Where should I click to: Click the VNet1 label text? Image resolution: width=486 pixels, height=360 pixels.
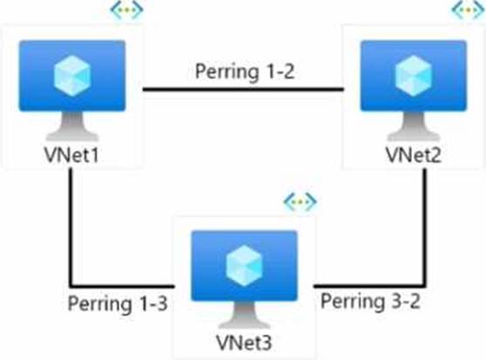pos(71,154)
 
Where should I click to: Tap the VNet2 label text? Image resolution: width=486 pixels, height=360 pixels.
pos(414,154)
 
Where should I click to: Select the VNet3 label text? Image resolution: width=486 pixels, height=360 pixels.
pos(244,343)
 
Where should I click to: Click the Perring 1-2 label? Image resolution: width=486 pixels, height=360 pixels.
pos(245,71)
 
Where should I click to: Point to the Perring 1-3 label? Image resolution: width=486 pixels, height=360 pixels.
pos(118,303)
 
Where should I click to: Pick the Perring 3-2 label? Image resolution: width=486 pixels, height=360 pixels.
pos(370,301)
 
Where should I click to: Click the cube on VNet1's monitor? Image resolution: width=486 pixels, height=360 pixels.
pos(72,76)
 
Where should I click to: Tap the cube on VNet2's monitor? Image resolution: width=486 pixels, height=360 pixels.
pos(414,76)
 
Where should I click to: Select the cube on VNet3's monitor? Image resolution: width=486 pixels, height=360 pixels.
pos(245,266)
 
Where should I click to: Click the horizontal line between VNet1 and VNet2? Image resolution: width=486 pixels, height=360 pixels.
pos(243,90)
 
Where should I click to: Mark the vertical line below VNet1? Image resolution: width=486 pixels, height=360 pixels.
pos(71,227)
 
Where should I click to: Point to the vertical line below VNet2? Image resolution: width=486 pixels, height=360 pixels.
pos(425,227)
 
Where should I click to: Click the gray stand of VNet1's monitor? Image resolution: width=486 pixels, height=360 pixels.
pos(72,126)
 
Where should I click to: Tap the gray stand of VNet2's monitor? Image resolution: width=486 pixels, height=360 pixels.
pos(414,126)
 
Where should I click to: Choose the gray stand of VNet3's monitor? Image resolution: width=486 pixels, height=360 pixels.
pos(245,315)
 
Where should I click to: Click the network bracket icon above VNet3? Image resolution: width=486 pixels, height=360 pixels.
pos(300,202)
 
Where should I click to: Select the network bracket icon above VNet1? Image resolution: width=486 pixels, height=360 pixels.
pos(127,9)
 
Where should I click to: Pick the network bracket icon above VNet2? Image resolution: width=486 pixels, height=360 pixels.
pos(469,9)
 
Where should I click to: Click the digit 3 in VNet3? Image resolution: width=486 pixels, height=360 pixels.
pos(267,343)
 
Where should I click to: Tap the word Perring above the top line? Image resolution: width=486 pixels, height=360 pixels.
pos(226,72)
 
